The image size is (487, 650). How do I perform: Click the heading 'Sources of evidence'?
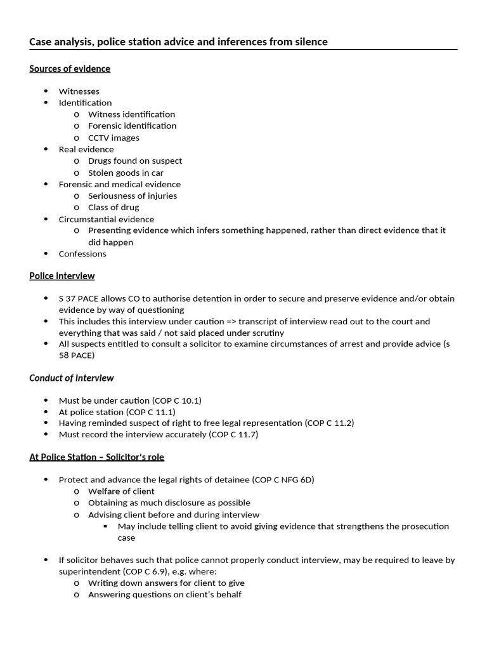click(x=70, y=69)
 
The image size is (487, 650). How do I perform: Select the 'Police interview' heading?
click(x=62, y=275)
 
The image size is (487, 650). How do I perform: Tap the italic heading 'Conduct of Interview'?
click(x=72, y=378)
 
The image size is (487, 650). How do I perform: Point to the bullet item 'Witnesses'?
click(x=79, y=91)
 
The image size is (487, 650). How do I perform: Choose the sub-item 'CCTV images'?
click(x=114, y=138)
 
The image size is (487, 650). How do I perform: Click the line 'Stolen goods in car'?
click(x=126, y=173)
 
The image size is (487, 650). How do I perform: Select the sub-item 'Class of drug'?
click(x=114, y=207)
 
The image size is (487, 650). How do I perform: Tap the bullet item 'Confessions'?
click(x=82, y=254)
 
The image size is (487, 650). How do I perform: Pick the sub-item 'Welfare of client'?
click(x=121, y=491)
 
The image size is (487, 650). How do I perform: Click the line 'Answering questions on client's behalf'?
click(x=165, y=595)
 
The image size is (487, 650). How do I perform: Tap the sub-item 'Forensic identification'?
click(x=133, y=126)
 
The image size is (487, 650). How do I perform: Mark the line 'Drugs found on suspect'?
click(x=135, y=161)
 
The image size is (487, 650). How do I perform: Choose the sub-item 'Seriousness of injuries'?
click(x=133, y=196)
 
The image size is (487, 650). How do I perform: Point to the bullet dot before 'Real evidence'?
click(x=46, y=149)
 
